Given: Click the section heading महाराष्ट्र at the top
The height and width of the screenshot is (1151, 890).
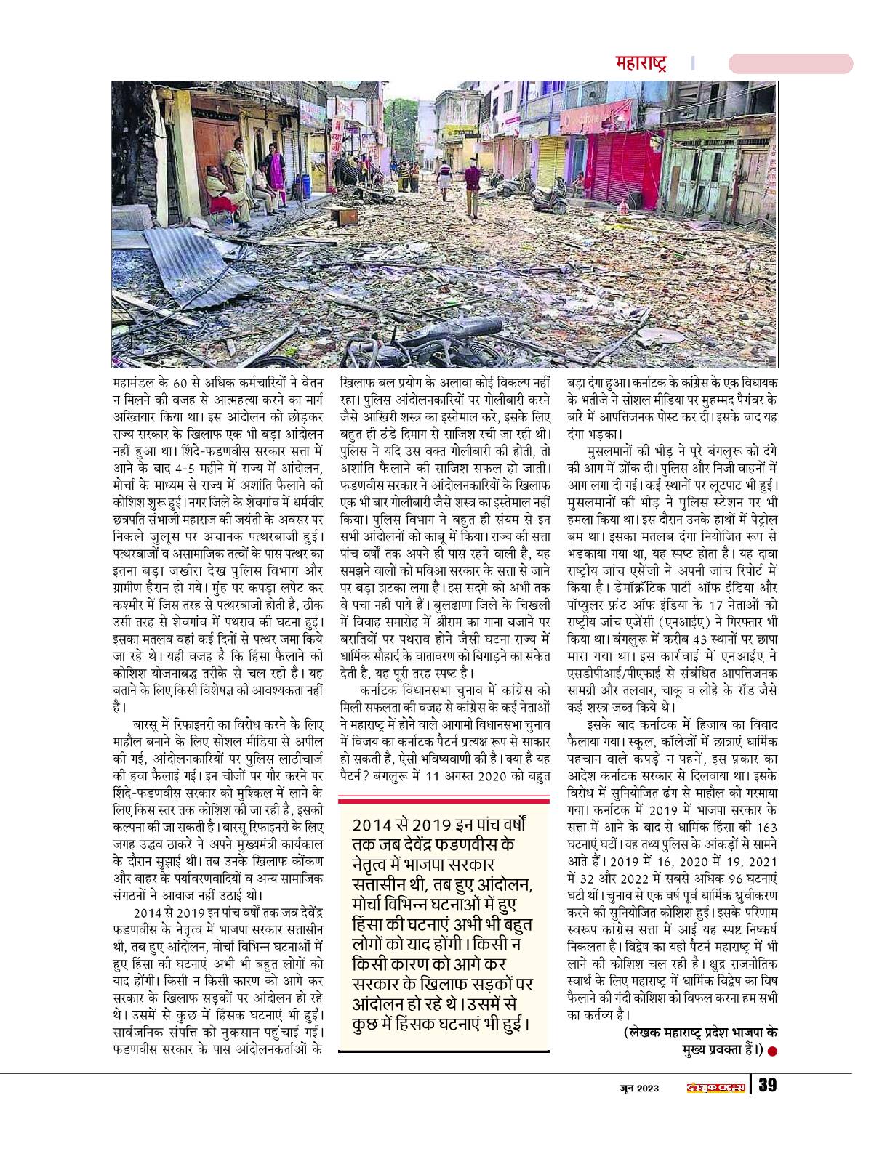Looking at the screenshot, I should tap(640, 63).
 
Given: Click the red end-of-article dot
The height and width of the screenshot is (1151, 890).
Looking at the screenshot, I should tap(773, 1051).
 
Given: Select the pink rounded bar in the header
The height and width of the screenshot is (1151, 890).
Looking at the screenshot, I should tap(790, 63).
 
